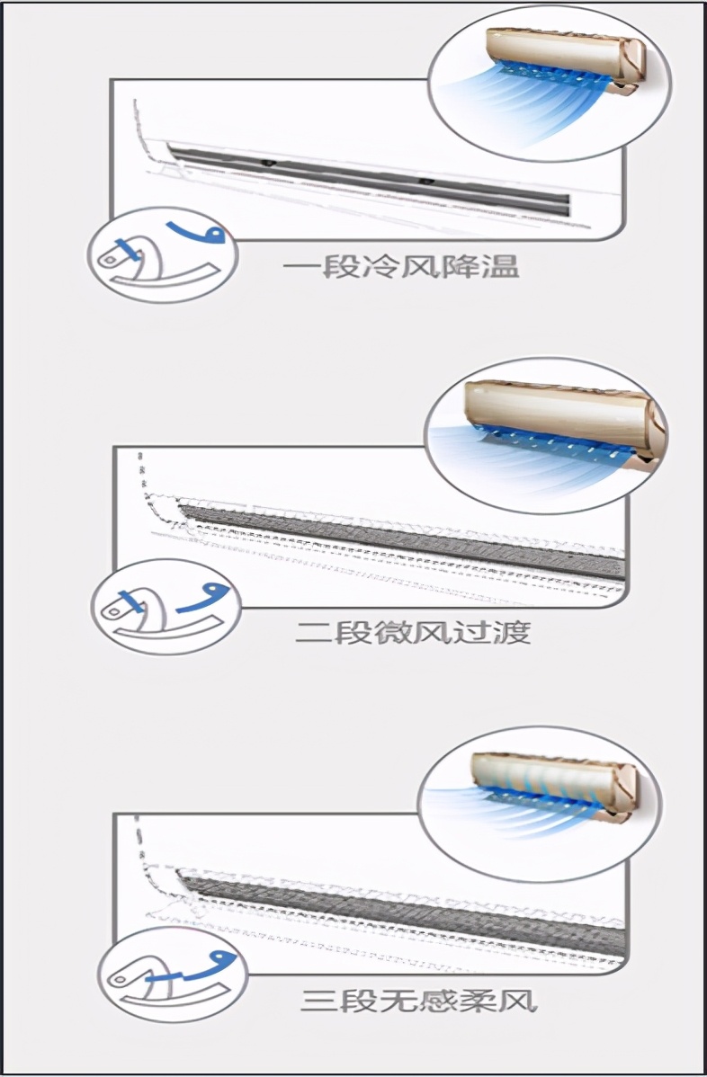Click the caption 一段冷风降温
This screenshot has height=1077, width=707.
pos(400,268)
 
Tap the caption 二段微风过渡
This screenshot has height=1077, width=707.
pos(413,632)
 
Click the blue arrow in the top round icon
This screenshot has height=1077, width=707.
pos(200,231)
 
